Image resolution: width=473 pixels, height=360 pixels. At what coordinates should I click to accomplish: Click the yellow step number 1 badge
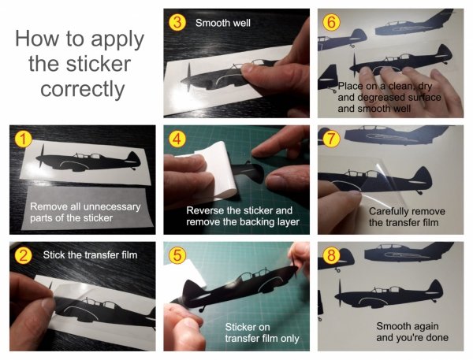coord(23,139)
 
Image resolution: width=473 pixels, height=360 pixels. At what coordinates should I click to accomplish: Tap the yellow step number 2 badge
coord(23,255)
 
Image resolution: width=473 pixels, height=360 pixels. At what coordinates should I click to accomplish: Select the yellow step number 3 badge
coord(177,23)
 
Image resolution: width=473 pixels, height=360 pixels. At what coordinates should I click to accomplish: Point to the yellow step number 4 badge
coord(177,139)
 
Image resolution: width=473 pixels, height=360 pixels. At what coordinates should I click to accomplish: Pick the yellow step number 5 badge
coord(177,255)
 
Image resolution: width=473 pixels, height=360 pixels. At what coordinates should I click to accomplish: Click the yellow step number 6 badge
coord(331,23)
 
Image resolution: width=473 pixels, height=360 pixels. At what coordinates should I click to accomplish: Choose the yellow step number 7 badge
coord(331,139)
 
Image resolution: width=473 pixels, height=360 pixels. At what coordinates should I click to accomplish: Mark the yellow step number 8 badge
coord(331,255)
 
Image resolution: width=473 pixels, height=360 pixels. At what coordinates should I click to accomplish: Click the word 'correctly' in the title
coord(82,90)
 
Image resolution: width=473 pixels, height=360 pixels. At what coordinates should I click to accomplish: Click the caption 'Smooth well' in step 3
coord(223,23)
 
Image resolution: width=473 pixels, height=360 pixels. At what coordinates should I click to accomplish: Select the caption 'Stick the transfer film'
coord(90,255)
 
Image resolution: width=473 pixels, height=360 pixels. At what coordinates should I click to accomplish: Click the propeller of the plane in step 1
coord(41,156)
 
